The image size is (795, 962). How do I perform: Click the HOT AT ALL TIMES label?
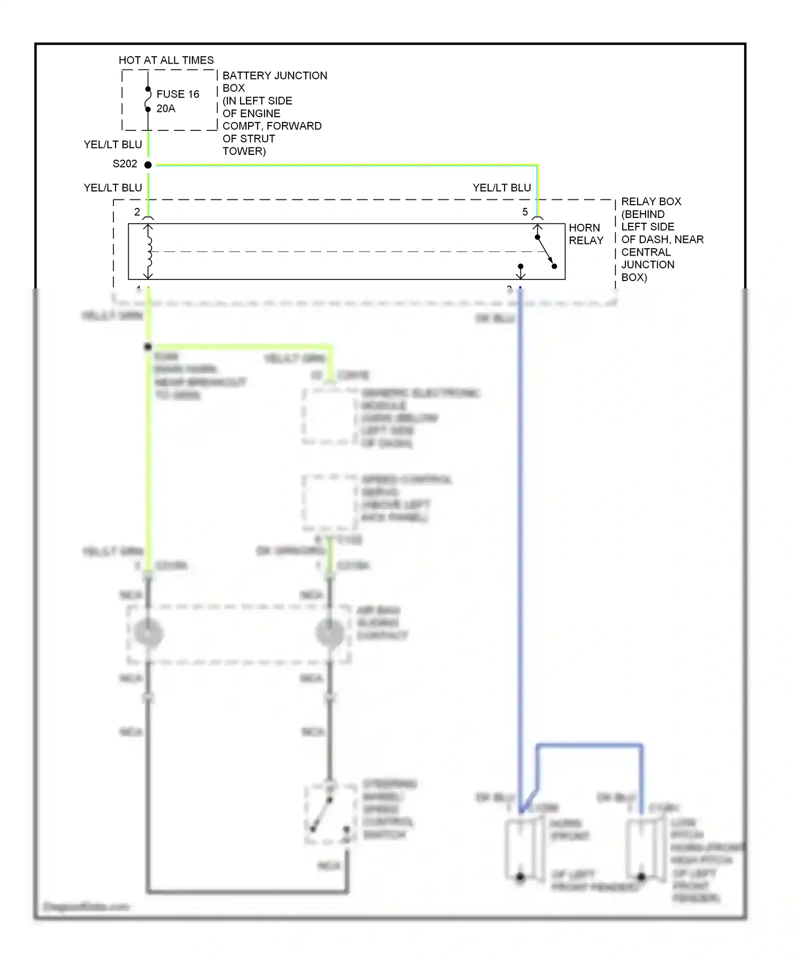[x=166, y=60]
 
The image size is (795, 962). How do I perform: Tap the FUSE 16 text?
[x=178, y=94]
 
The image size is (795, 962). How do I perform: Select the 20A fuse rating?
[x=165, y=109]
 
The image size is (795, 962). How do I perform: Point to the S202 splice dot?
[x=148, y=165]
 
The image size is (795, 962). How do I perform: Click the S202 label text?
[x=125, y=164]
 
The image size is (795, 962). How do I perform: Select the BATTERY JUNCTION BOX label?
[x=274, y=82]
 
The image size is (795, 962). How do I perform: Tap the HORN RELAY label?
[x=586, y=234]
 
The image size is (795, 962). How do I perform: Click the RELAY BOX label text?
[x=651, y=202]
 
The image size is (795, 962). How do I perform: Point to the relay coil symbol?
[x=149, y=251]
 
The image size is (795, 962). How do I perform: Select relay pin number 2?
[x=137, y=212]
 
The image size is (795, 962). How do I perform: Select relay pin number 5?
[x=525, y=212]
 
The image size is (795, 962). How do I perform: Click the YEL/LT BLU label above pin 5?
[x=501, y=188]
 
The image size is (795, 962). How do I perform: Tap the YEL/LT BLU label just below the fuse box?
[x=112, y=145]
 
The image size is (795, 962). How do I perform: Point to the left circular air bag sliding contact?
[x=148, y=633]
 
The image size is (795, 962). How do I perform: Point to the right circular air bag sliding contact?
[x=329, y=633]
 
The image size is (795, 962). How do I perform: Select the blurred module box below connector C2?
[x=329, y=417]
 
